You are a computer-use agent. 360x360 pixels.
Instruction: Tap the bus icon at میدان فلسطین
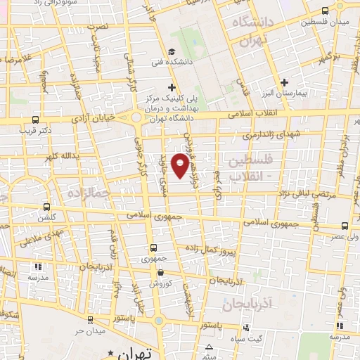(324, 11)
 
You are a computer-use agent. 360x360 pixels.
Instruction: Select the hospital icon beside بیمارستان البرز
(283, 82)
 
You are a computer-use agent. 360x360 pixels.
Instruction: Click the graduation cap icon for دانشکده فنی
(172, 51)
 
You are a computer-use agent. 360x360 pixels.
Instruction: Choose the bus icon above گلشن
(46, 207)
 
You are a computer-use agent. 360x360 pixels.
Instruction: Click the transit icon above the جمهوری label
(153, 247)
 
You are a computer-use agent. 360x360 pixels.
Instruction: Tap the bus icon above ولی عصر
(345, 226)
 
